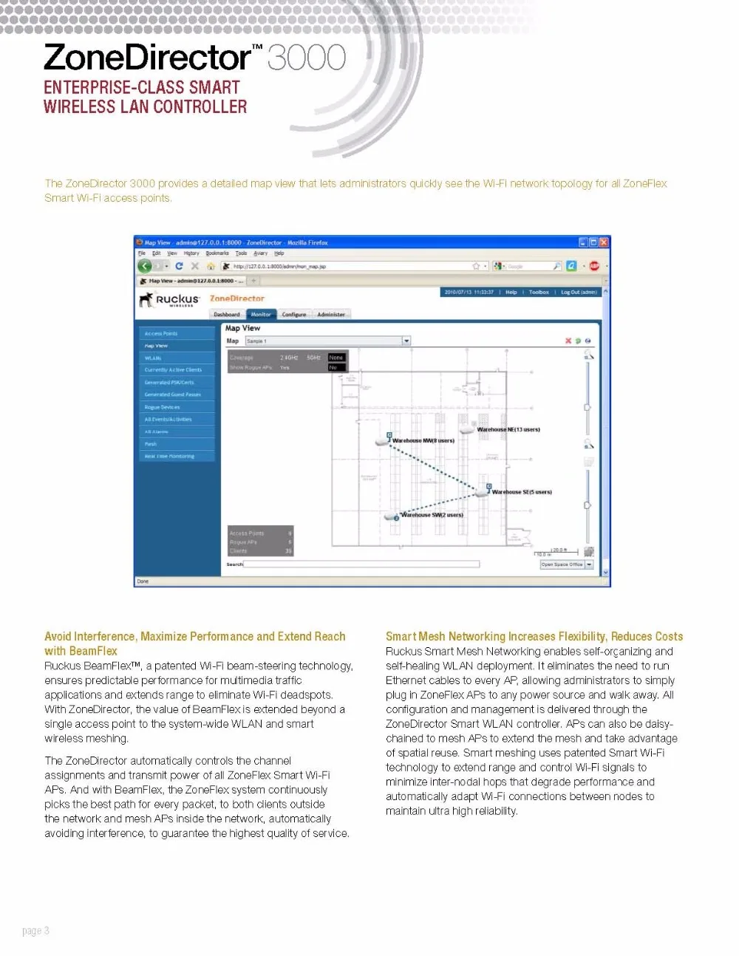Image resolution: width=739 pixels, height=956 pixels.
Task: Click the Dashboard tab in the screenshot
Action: pos(227,315)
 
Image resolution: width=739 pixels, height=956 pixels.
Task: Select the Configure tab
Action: pos(294,315)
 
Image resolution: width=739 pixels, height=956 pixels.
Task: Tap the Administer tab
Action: pos(331,315)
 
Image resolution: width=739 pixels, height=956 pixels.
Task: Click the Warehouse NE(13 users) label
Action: pos(508,429)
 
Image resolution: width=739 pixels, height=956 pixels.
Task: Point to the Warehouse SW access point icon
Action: pos(391,516)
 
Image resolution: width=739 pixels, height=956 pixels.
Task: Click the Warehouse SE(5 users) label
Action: pos(522,492)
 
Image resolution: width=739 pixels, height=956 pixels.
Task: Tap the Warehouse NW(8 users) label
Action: pos(423,440)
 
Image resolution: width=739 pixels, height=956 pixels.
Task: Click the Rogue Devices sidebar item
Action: pos(163,407)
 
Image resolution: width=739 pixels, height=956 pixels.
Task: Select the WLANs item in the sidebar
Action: pos(153,358)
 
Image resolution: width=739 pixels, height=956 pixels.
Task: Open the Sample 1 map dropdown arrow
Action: pos(406,341)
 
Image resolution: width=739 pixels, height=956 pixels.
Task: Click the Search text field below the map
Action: pos(361,564)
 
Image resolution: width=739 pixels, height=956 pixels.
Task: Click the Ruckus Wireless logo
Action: pos(169,299)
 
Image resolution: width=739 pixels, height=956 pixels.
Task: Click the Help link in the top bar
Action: pos(511,293)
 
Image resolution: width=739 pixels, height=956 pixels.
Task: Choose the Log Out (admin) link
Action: pos(579,293)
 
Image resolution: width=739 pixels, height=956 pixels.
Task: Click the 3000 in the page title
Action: pos(307,58)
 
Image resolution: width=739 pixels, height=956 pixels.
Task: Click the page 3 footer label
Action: pos(35,931)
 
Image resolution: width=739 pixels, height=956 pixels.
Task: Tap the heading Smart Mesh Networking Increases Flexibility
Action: pos(534,636)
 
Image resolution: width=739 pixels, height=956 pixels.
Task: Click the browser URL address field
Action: pos(347,266)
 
